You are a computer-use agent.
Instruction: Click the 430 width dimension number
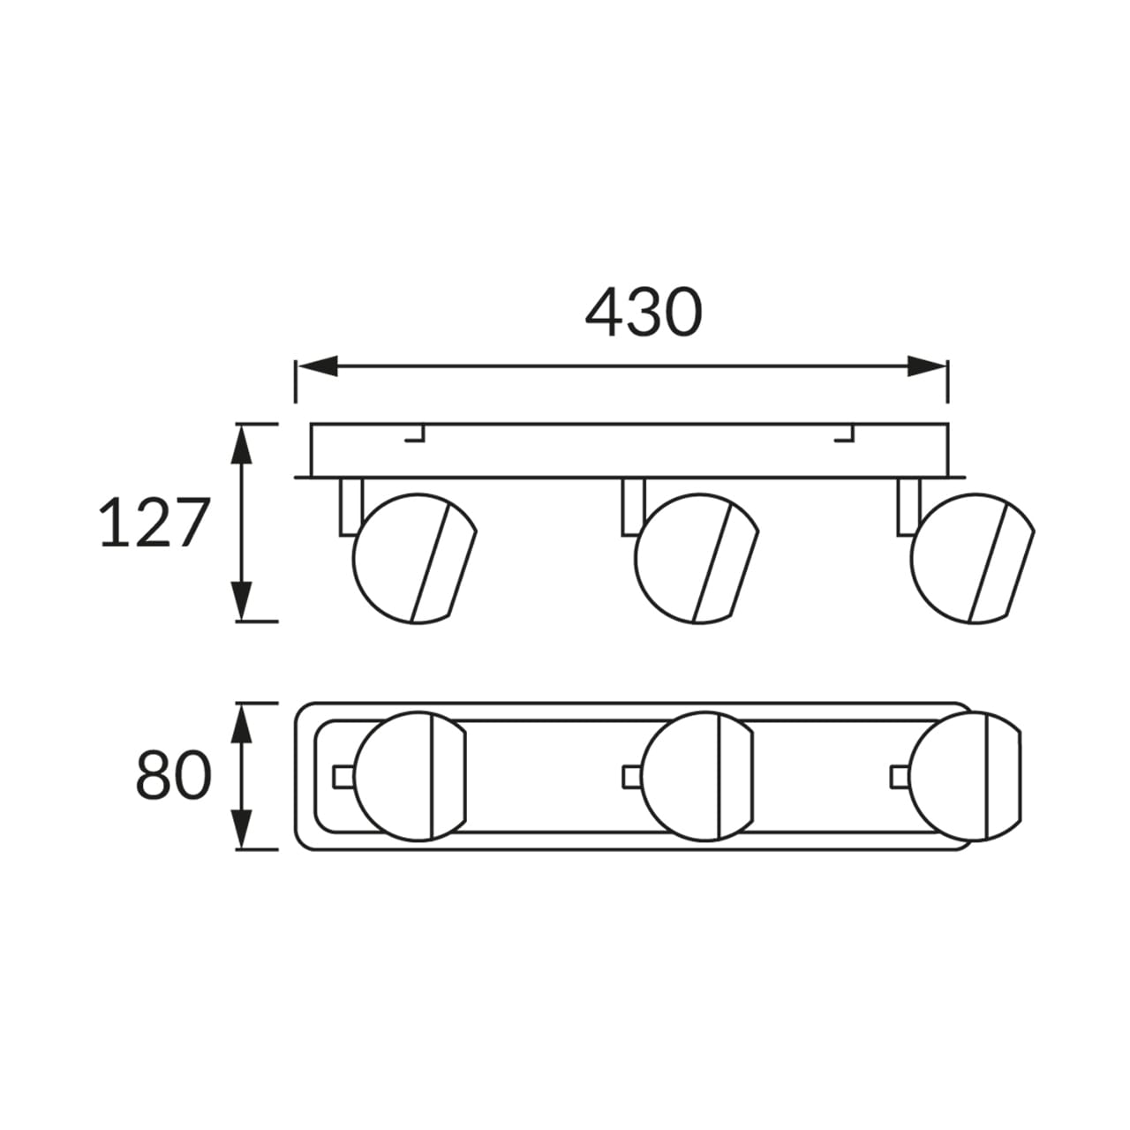tap(644, 312)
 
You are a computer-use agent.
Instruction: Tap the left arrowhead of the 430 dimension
tap(317, 365)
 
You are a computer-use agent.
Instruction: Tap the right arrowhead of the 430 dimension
tap(927, 365)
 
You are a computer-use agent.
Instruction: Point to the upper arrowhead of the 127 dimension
tap(242, 444)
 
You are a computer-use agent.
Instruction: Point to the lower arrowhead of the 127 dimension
tap(242, 600)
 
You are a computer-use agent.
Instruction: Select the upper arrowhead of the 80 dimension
tap(242, 723)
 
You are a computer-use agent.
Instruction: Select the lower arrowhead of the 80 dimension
tap(242, 829)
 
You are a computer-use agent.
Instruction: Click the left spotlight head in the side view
tap(415, 558)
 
